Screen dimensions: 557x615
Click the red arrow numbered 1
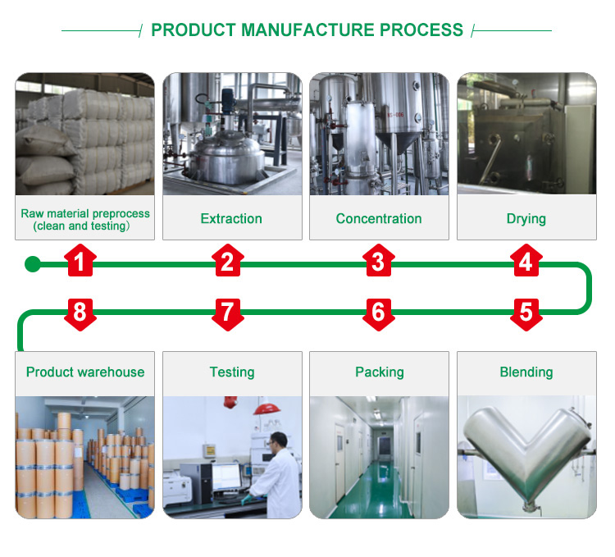tap(80, 262)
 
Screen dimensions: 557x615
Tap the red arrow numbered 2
tap(227, 262)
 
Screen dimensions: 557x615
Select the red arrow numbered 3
tap(377, 262)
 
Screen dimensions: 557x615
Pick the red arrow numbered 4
tap(526, 262)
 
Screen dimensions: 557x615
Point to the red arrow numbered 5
tap(526, 313)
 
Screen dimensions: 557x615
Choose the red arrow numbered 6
tap(377, 313)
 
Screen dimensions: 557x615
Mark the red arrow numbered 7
tap(227, 313)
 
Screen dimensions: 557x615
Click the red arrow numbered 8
tap(80, 313)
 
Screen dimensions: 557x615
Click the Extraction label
tap(231, 219)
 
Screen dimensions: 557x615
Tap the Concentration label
tap(379, 219)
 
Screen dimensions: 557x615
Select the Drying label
tap(526, 219)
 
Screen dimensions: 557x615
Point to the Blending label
tap(526, 372)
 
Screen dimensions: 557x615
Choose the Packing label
tap(379, 372)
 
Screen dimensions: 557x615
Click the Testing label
tap(232, 372)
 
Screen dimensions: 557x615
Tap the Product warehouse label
tap(84, 372)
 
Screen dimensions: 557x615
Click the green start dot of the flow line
tap(32, 264)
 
